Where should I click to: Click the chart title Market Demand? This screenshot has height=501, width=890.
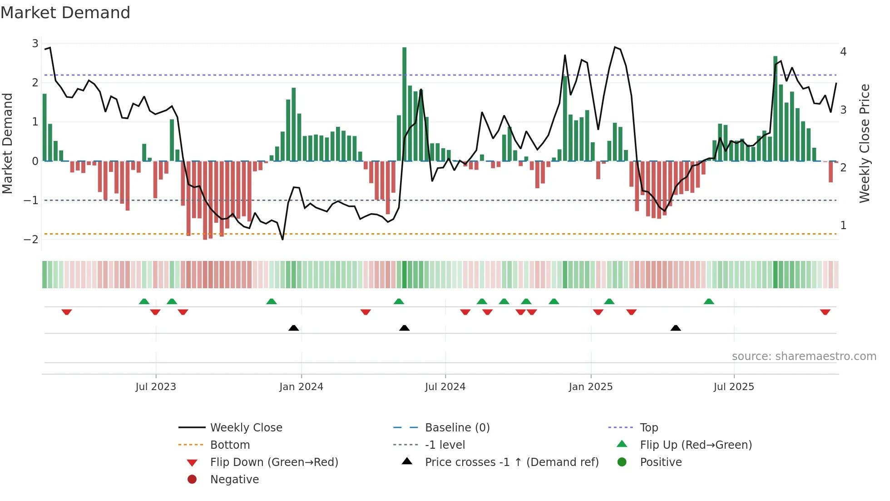tap(65, 13)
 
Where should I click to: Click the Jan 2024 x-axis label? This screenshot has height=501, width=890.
tap(301, 387)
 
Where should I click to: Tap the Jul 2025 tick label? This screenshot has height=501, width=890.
tap(733, 387)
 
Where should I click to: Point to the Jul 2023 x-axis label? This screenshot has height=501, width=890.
tap(156, 387)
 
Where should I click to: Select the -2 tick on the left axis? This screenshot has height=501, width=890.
tap(31, 240)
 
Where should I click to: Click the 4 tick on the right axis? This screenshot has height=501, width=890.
tap(843, 52)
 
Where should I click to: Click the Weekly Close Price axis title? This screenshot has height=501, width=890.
tap(865, 143)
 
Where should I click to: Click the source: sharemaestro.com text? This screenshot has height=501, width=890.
tap(804, 356)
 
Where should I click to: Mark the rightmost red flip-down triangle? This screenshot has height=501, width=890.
tap(825, 312)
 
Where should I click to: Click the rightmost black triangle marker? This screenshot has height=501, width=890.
tap(676, 328)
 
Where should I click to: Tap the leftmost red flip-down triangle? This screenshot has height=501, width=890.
tap(67, 312)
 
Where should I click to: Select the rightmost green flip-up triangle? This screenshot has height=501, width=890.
tap(709, 301)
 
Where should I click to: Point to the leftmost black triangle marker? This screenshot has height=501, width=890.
tap(294, 328)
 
